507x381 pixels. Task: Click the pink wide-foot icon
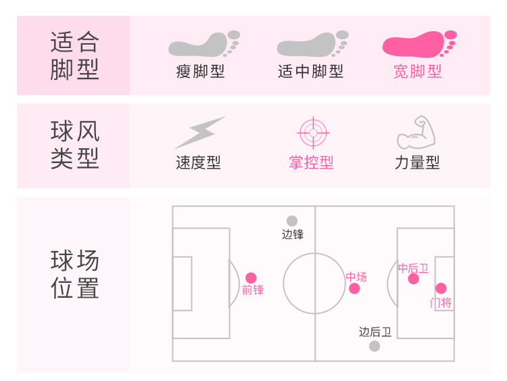pos(418,45)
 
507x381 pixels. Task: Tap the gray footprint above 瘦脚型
pos(203,45)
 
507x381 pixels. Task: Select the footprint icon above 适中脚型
pos(311,45)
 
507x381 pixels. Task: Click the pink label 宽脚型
pos(418,72)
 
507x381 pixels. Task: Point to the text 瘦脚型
pos(201,72)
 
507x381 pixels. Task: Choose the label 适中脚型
pos(311,72)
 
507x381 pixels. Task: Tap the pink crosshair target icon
pos(312,133)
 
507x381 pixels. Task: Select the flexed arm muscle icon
pos(416,133)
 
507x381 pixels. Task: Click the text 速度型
pos(199,163)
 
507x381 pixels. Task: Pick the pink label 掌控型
pos(312,163)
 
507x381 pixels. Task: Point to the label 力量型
pos(417,163)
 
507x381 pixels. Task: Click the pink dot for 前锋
pos(251,277)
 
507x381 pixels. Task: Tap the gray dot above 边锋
pos(292,221)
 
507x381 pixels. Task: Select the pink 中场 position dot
pos(354,289)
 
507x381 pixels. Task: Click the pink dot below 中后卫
pos(414,279)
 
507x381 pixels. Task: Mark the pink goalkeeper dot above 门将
pos(441,288)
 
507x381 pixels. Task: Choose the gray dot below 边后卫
pos(375,346)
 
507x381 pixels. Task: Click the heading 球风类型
pos(74,145)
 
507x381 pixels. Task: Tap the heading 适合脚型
pos(74,56)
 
